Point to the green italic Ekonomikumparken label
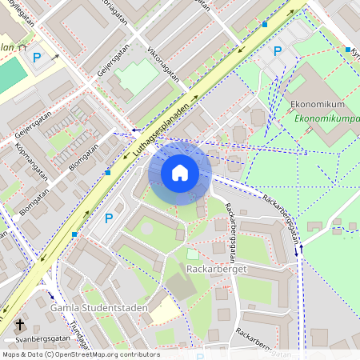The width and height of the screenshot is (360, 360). click(326, 119)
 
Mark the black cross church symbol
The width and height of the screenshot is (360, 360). click(20, 326)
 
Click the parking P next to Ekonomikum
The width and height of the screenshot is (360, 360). click(278, 51)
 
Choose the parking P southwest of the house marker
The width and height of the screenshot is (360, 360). click(109, 218)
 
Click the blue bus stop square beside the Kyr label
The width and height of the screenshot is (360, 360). click(348, 50)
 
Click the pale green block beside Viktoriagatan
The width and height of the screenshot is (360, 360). click(137, 79)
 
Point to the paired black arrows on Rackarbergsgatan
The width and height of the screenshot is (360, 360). click(301, 250)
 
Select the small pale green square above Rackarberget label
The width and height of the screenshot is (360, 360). click(193, 254)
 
